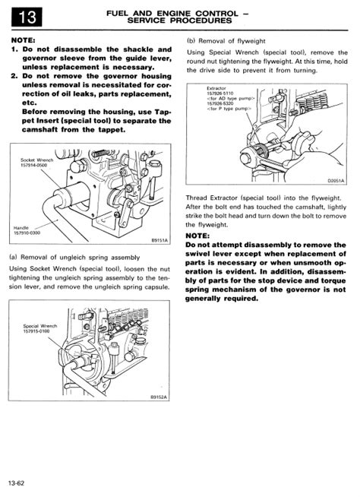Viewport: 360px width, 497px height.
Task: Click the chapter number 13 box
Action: pos(27,17)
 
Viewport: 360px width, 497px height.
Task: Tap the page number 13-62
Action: pos(17,483)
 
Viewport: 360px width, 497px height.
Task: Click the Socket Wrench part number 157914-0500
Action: pos(33,165)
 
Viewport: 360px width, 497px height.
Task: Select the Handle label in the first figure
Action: pos(21,227)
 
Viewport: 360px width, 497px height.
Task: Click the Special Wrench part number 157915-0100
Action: pos(36,331)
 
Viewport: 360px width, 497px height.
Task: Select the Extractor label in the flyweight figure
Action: pos(216,88)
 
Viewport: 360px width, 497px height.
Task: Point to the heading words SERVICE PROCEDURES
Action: pos(179,21)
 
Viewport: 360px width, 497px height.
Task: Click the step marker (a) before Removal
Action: pos(14,258)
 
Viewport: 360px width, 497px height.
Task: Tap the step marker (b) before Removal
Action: pos(191,41)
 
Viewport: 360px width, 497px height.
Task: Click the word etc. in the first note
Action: pos(30,103)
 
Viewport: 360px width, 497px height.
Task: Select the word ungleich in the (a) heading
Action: pos(73,258)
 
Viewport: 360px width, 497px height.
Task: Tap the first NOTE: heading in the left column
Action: pos(23,40)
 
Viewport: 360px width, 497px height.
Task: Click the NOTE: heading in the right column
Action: pos(197,236)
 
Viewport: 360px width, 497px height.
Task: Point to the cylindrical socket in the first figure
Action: pos(72,195)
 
